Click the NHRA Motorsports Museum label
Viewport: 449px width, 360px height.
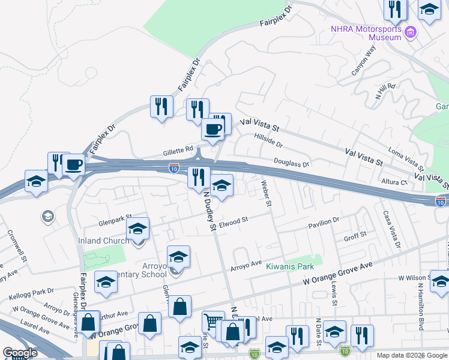click(366, 33)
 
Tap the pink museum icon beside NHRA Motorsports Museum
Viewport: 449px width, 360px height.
click(411, 32)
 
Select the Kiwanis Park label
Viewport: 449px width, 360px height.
click(291, 266)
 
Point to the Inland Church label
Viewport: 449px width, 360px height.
click(104, 241)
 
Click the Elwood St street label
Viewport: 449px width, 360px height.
click(234, 222)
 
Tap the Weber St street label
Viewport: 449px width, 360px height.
click(266, 194)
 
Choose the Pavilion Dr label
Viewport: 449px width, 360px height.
click(324, 223)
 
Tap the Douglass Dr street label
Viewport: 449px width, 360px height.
click(291, 163)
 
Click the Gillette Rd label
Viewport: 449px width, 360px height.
click(178, 152)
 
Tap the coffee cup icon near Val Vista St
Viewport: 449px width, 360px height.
click(212, 128)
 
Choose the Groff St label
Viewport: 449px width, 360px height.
click(355, 236)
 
